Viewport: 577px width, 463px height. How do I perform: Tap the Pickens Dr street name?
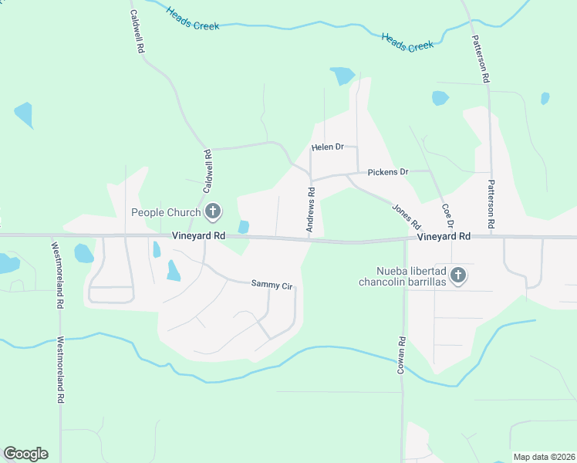coord(387,171)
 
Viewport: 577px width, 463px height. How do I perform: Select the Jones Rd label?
coord(406,215)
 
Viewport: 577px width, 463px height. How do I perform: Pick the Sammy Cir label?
coord(272,285)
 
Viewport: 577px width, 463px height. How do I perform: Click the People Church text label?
coord(166,212)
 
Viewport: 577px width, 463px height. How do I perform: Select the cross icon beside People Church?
coord(213,211)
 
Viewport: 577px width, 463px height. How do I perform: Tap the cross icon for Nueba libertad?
coord(458,275)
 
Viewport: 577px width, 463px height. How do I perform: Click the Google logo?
coord(25,454)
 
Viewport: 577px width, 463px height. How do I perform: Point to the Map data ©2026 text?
coord(544,457)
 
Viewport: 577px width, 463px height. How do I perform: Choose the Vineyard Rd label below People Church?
coord(198,235)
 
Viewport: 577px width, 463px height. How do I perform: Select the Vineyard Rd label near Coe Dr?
coord(444,237)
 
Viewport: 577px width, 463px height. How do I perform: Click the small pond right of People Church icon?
coord(244,226)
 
